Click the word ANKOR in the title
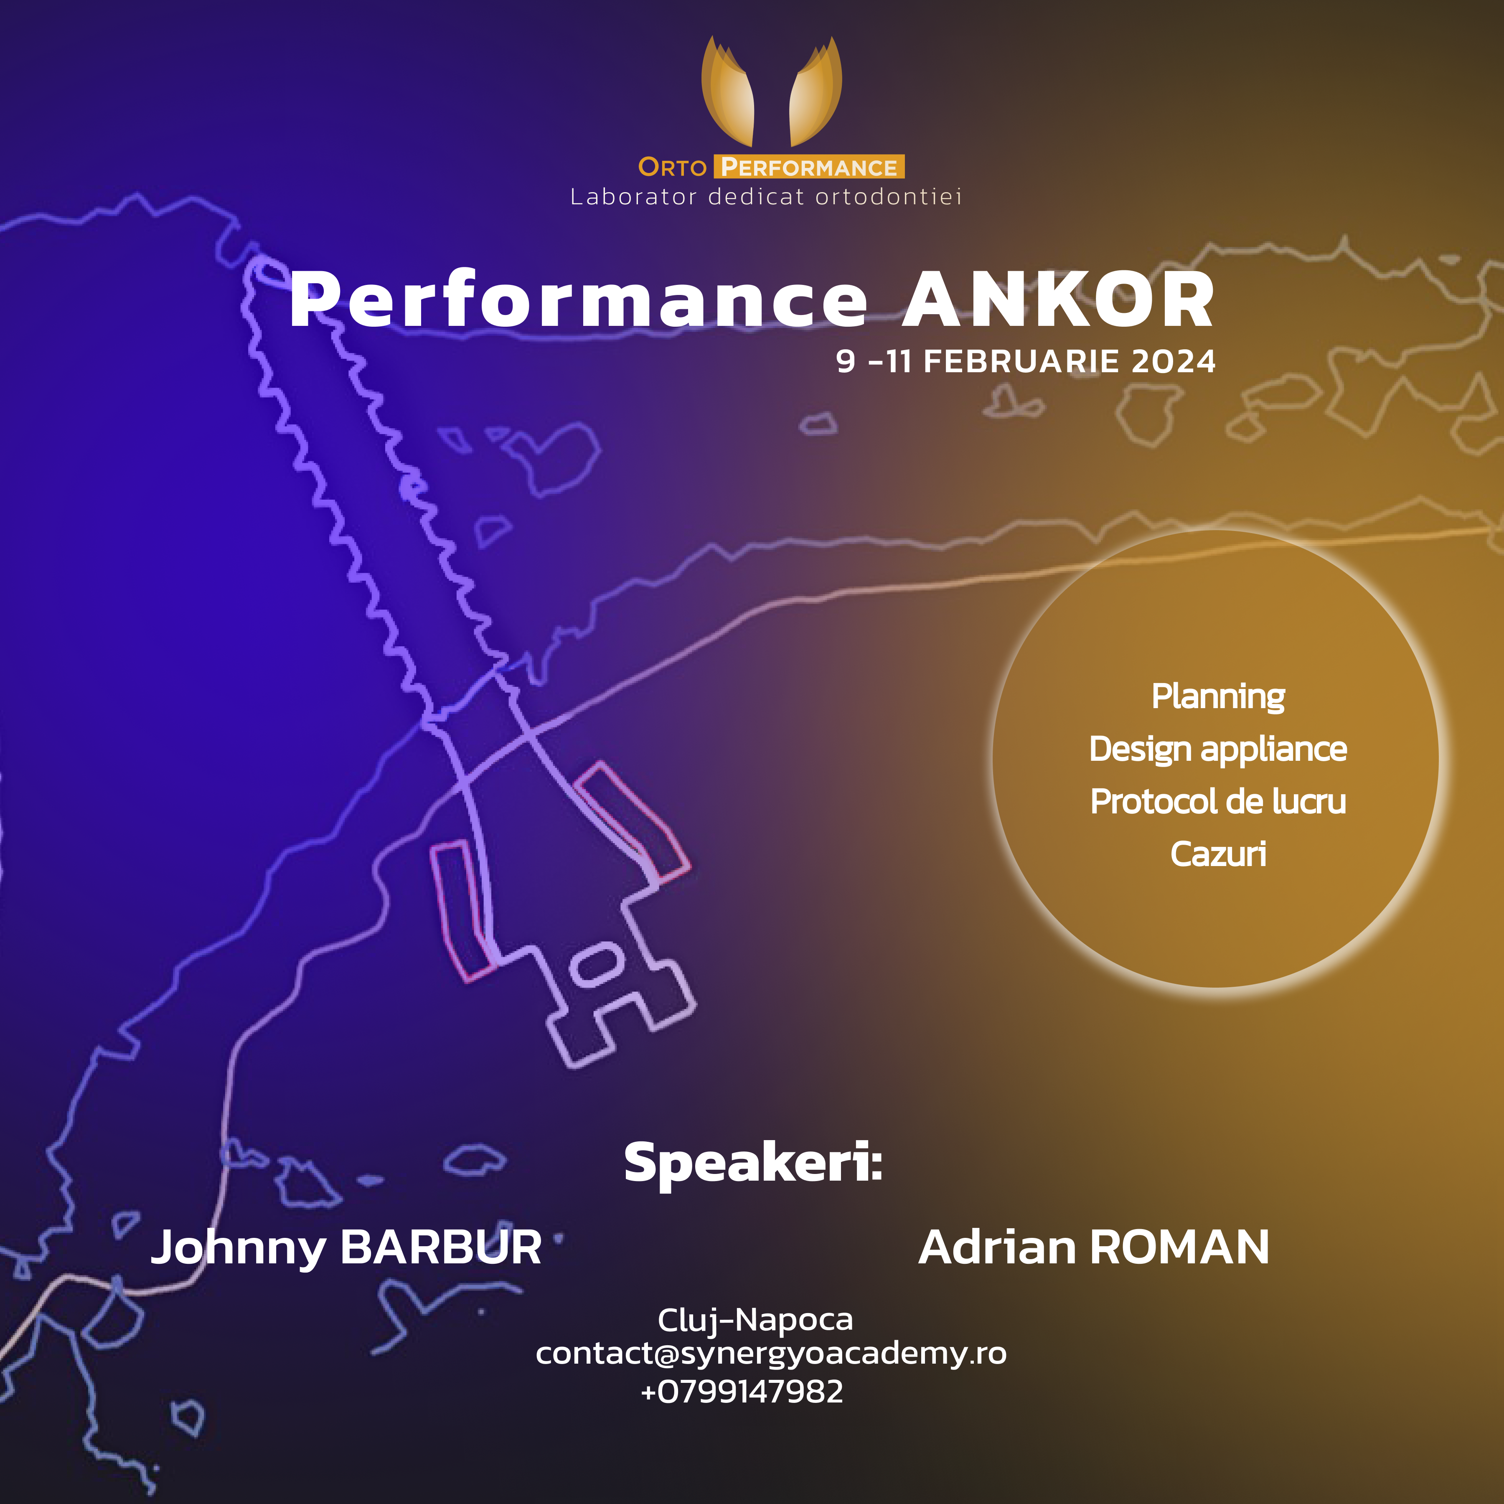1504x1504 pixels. tap(1059, 300)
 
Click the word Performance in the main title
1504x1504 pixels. tap(578, 300)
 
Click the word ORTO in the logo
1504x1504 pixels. tap(672, 168)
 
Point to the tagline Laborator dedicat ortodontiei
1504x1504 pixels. tap(766, 197)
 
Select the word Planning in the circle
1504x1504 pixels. tap(1218, 697)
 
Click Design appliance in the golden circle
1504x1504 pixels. tap(1218, 749)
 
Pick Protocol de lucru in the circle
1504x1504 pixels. tap(1218, 802)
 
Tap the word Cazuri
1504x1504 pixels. tap(1218, 854)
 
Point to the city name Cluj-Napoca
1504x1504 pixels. tap(755, 1319)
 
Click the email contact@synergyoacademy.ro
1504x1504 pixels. tap(771, 1354)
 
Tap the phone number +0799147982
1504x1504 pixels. tap(742, 1390)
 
